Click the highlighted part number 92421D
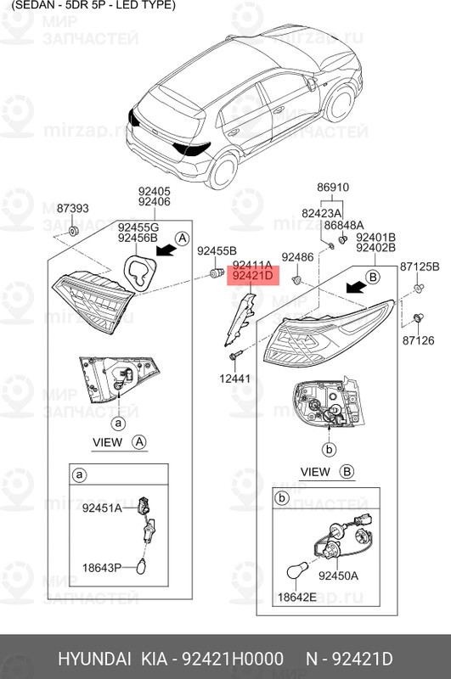pos(253,275)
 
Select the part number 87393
pos(73,208)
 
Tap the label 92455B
pos(217,250)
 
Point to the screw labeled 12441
pos(234,356)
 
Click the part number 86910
pos(333,188)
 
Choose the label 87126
pos(418,341)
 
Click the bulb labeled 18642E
pos(298,571)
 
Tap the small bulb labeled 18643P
pos(142,566)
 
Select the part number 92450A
pos(338,575)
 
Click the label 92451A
pos(102,508)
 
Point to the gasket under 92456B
pos(139,272)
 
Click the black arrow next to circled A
pos(166,250)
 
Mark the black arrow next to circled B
pos(356,286)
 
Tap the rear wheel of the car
pos(223,171)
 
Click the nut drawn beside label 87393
pos(73,231)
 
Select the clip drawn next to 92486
pos(296,279)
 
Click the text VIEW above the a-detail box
pos(107,442)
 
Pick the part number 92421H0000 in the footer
pos(233,659)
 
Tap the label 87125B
pos(420,267)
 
